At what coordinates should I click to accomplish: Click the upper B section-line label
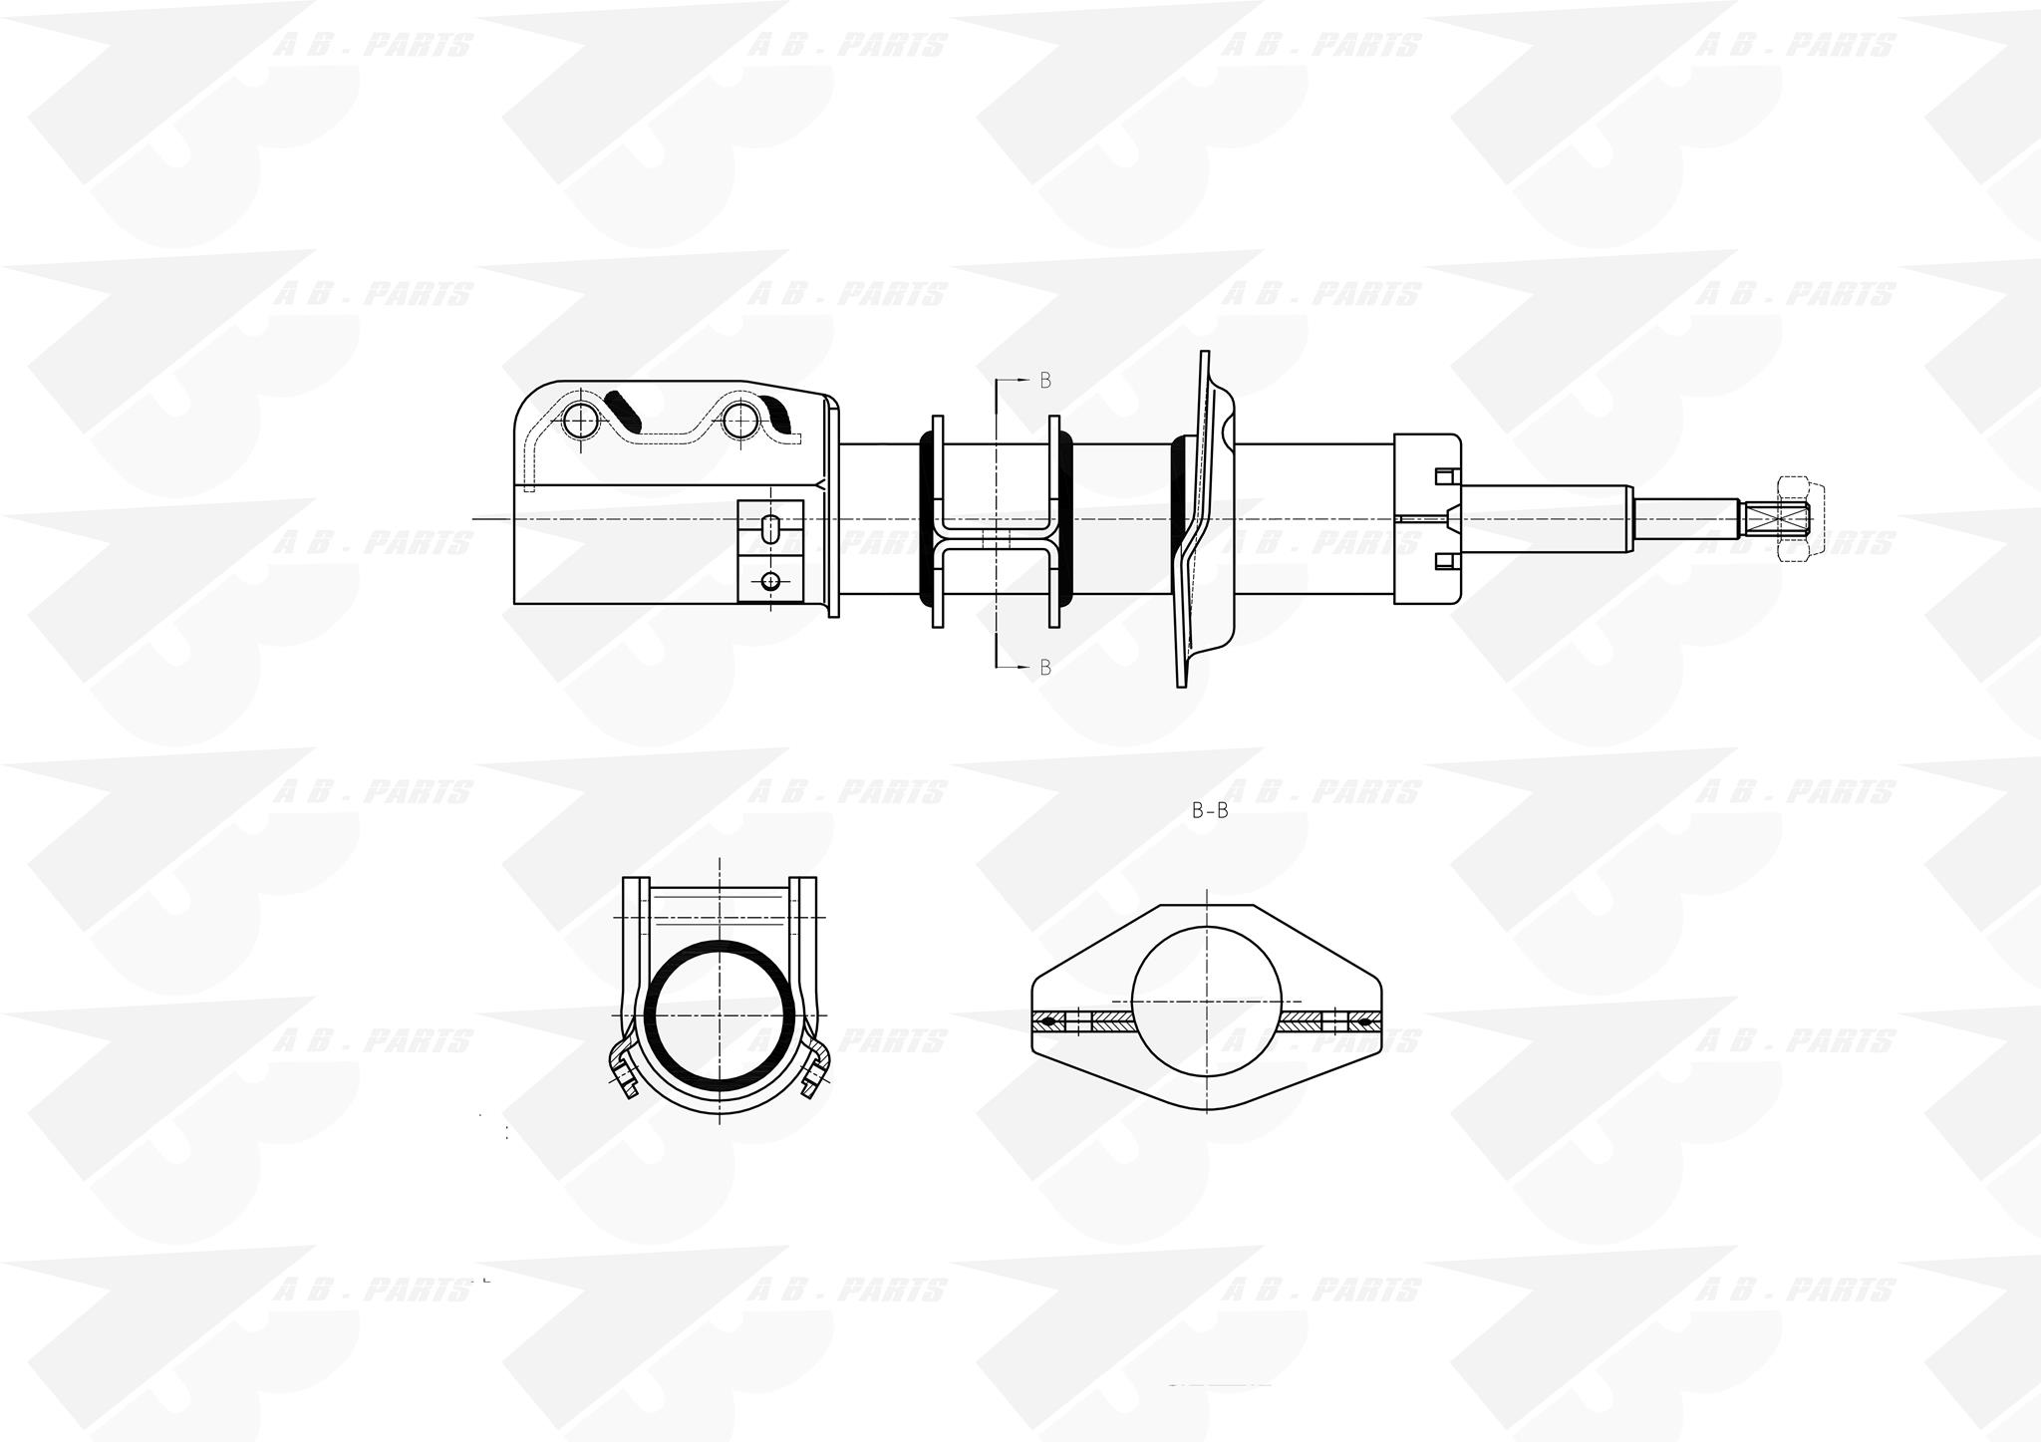point(1045,380)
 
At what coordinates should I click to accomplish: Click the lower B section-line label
point(1045,668)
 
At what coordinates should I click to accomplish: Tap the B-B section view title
point(1210,811)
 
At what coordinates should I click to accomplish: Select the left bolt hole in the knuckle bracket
point(580,422)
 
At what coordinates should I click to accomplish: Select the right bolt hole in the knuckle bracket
point(741,422)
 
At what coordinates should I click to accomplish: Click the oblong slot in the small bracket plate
point(770,529)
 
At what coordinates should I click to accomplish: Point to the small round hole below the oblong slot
point(769,581)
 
